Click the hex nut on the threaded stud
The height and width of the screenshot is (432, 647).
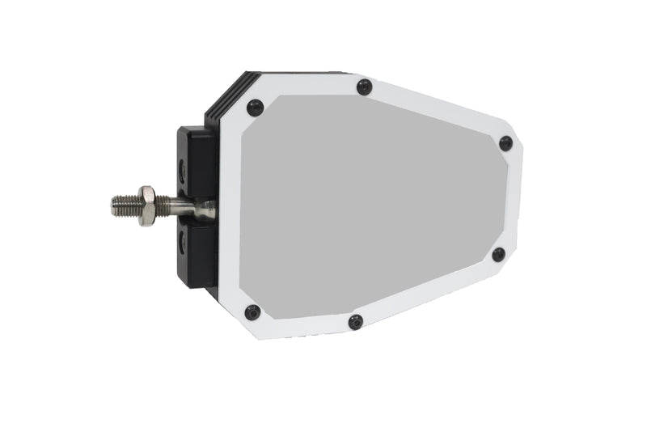coord(146,205)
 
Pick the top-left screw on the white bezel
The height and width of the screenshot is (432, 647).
coord(255,107)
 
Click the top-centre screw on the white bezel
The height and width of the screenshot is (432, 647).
coord(364,87)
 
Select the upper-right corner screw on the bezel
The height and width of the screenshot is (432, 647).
coord(505,143)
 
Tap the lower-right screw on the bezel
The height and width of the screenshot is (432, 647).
coord(498,254)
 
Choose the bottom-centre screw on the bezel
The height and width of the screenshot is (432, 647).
coord(356,322)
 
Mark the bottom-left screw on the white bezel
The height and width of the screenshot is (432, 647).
coord(252,312)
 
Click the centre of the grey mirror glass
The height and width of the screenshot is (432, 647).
coord(372,206)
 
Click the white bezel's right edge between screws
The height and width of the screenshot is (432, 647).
coord(514,198)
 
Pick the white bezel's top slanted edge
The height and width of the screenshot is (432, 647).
coord(437,105)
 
